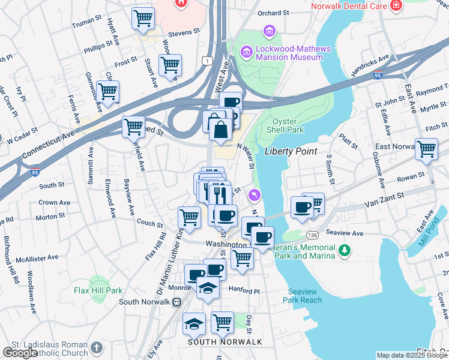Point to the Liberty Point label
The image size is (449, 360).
[x=290, y=151]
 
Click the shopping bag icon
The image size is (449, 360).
[x=221, y=128]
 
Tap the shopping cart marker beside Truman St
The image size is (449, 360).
[x=143, y=18]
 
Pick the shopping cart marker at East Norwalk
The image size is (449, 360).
[x=426, y=148]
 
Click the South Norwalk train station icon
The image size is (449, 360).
[x=176, y=302]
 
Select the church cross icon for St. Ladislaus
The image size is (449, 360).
[x=97, y=348]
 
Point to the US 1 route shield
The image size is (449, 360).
[x=207, y=61]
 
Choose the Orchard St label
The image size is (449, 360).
[x=273, y=13]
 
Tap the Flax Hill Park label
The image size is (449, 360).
[x=98, y=291]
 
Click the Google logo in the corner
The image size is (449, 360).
[x=20, y=353]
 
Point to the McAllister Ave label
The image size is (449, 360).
[x=37, y=257]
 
